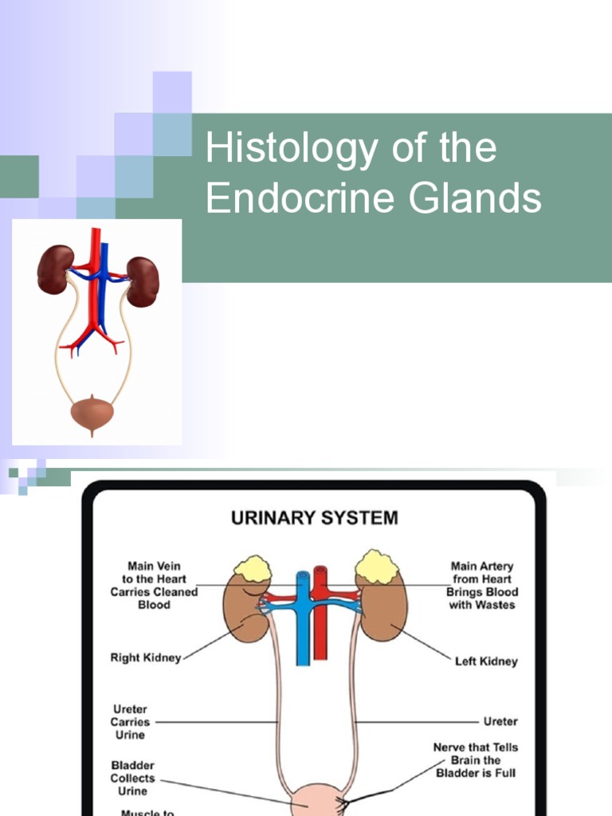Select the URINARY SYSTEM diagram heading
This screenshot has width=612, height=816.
pyautogui.click(x=314, y=519)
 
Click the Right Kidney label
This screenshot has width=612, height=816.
pyautogui.click(x=145, y=658)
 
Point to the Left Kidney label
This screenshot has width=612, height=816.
pyautogui.click(x=485, y=661)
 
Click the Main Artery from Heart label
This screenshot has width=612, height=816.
pyautogui.click(x=481, y=586)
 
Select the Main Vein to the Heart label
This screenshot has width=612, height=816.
pyautogui.click(x=154, y=586)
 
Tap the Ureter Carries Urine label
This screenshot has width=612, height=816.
pyautogui.click(x=130, y=722)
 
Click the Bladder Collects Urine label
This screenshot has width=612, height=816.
pyautogui.click(x=132, y=778)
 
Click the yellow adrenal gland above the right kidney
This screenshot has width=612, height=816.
pyautogui.click(x=253, y=571)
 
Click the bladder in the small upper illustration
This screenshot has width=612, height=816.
pyautogui.click(x=92, y=412)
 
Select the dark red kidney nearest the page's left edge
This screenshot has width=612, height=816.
pyautogui.click(x=55, y=269)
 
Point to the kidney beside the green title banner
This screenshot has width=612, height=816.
pyautogui.click(x=143, y=280)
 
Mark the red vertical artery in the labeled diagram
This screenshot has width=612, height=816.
pyautogui.click(x=320, y=630)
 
